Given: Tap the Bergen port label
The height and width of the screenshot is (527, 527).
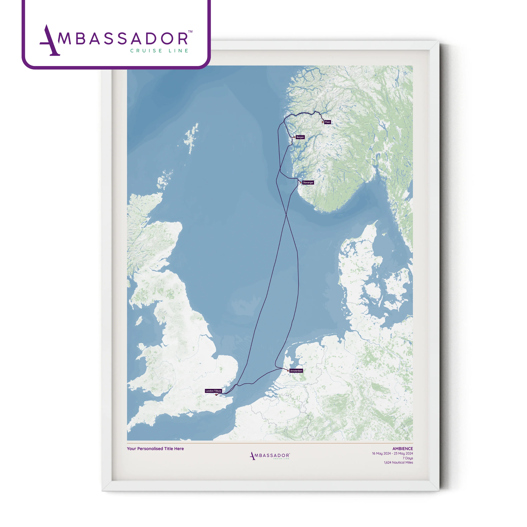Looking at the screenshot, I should pos(300,137).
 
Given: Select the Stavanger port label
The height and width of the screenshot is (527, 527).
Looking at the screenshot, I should pos(308,183).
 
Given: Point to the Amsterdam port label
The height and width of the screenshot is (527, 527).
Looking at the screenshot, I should pos(296,371).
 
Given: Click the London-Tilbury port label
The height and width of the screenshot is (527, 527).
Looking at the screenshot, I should pos(213,391).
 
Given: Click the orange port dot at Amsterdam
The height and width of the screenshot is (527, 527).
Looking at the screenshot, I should pos(288,371).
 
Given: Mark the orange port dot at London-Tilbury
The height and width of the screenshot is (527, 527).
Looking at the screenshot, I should pos(216,394).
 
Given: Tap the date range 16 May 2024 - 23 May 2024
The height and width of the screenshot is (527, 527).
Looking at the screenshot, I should pos(392,453).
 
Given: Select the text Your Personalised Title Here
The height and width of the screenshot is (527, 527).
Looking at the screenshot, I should pos(155,448).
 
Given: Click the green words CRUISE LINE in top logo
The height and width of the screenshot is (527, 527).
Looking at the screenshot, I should pos(159,51).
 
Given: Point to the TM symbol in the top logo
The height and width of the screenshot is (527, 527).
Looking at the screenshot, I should pos(190,32).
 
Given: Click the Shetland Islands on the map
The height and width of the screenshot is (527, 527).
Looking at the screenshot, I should pos(191,138).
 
